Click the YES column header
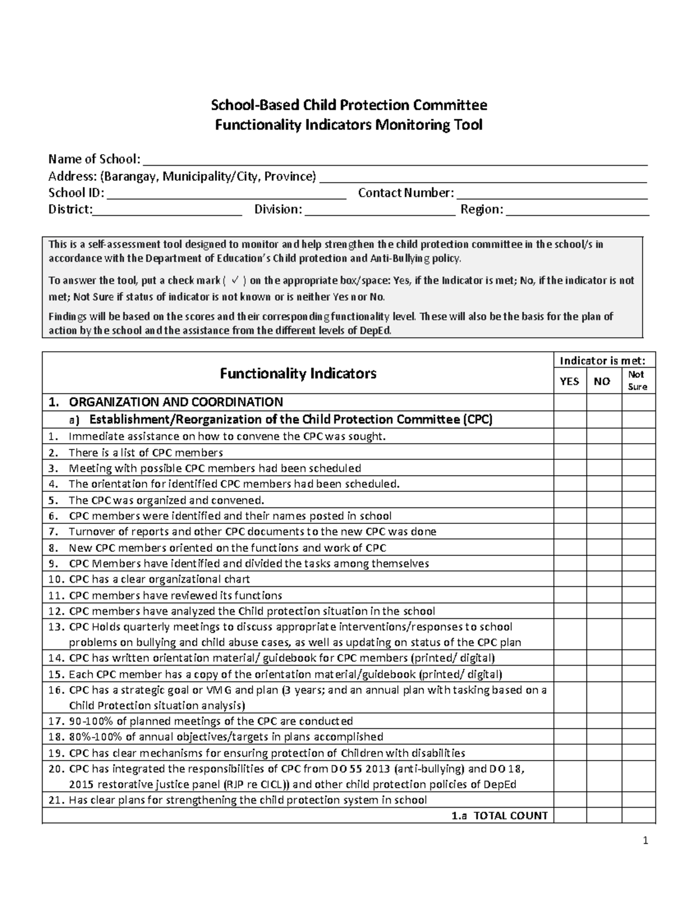pyautogui.click(x=569, y=381)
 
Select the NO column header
pyautogui.click(x=603, y=381)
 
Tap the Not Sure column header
pyautogui.click(x=638, y=381)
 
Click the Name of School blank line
pyautogui.click(x=395, y=160)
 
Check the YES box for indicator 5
pyautogui.click(x=569, y=500)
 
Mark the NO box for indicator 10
pyautogui.click(x=603, y=579)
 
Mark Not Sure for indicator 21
pyautogui.click(x=638, y=800)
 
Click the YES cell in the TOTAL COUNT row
pyautogui.click(x=569, y=816)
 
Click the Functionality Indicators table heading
pyautogui.click(x=298, y=373)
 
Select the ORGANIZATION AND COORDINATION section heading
pyautogui.click(x=176, y=402)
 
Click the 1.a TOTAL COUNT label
pyautogui.click(x=500, y=816)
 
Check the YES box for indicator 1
pyautogui.click(x=569, y=436)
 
